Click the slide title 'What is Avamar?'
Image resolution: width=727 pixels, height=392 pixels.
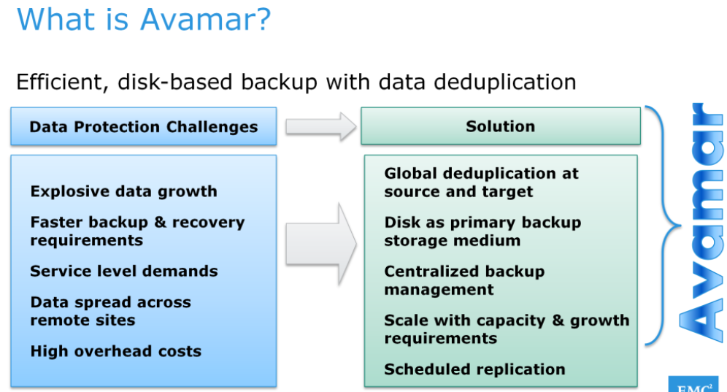coord(143,20)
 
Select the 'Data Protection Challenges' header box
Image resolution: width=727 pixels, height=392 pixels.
coord(144,127)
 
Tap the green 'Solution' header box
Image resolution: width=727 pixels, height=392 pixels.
coord(501,126)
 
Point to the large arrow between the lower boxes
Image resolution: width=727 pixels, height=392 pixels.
coord(320,244)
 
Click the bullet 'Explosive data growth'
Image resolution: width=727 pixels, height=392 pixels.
coord(124,192)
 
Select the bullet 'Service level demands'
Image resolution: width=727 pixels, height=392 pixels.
coord(124,272)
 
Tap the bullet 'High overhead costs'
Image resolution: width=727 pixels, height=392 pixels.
coord(116,351)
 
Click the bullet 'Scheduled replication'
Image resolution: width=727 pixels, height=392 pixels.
coord(475,369)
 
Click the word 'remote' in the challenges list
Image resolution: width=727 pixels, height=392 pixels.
coord(54,320)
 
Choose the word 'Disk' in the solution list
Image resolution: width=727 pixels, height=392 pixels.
coord(400,223)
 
